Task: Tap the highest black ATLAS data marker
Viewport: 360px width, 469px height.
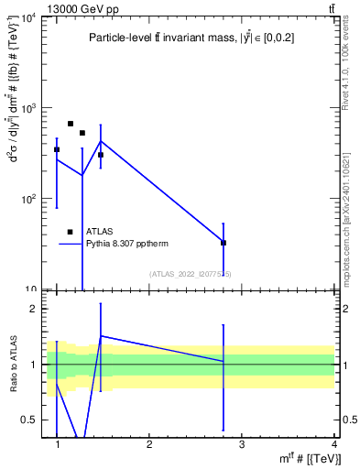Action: click(x=71, y=124)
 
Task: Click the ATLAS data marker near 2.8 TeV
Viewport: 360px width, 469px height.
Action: click(x=224, y=243)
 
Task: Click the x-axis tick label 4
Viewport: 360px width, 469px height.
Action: click(x=334, y=444)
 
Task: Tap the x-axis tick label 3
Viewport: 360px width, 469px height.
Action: click(x=242, y=444)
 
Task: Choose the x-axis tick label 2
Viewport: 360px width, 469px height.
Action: click(x=149, y=444)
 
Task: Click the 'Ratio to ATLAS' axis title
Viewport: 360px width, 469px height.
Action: click(x=14, y=365)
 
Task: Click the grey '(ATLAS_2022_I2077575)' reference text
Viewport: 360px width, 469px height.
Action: click(x=191, y=274)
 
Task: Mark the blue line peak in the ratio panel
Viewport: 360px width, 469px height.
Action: click(x=100, y=335)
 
